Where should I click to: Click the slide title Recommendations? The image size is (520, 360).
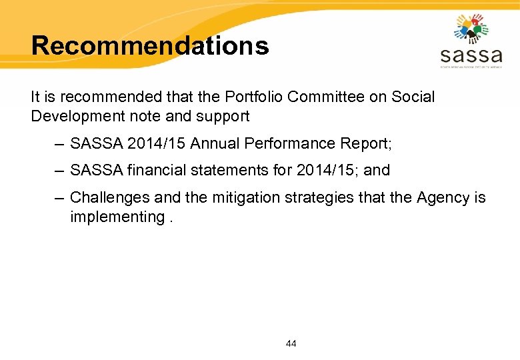coord(150,45)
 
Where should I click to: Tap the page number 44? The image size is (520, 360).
coord(291,343)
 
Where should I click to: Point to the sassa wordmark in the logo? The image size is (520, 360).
coord(471,54)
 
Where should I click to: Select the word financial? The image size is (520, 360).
coord(156,170)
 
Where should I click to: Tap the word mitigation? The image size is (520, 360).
coord(235,198)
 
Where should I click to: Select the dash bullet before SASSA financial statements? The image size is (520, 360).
coord(58,170)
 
